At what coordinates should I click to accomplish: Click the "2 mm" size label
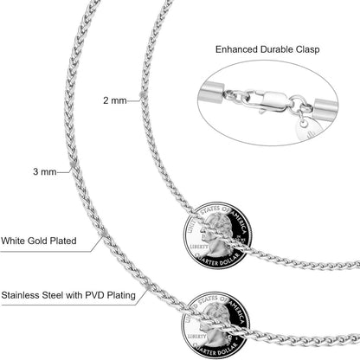115,100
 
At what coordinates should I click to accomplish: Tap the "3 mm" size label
45,171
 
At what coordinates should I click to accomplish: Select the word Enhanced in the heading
236,49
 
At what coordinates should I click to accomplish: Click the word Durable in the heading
277,49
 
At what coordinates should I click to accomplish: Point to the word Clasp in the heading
307,49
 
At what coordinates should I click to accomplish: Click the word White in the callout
13,241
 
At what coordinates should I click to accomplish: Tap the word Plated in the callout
63,241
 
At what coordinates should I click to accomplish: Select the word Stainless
21,295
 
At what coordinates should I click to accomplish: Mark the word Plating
121,296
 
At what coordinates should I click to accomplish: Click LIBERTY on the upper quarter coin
199,247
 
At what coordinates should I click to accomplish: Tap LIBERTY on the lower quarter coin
197,337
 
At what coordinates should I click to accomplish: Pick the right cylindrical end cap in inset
325,109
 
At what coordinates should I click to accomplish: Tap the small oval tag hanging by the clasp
305,129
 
